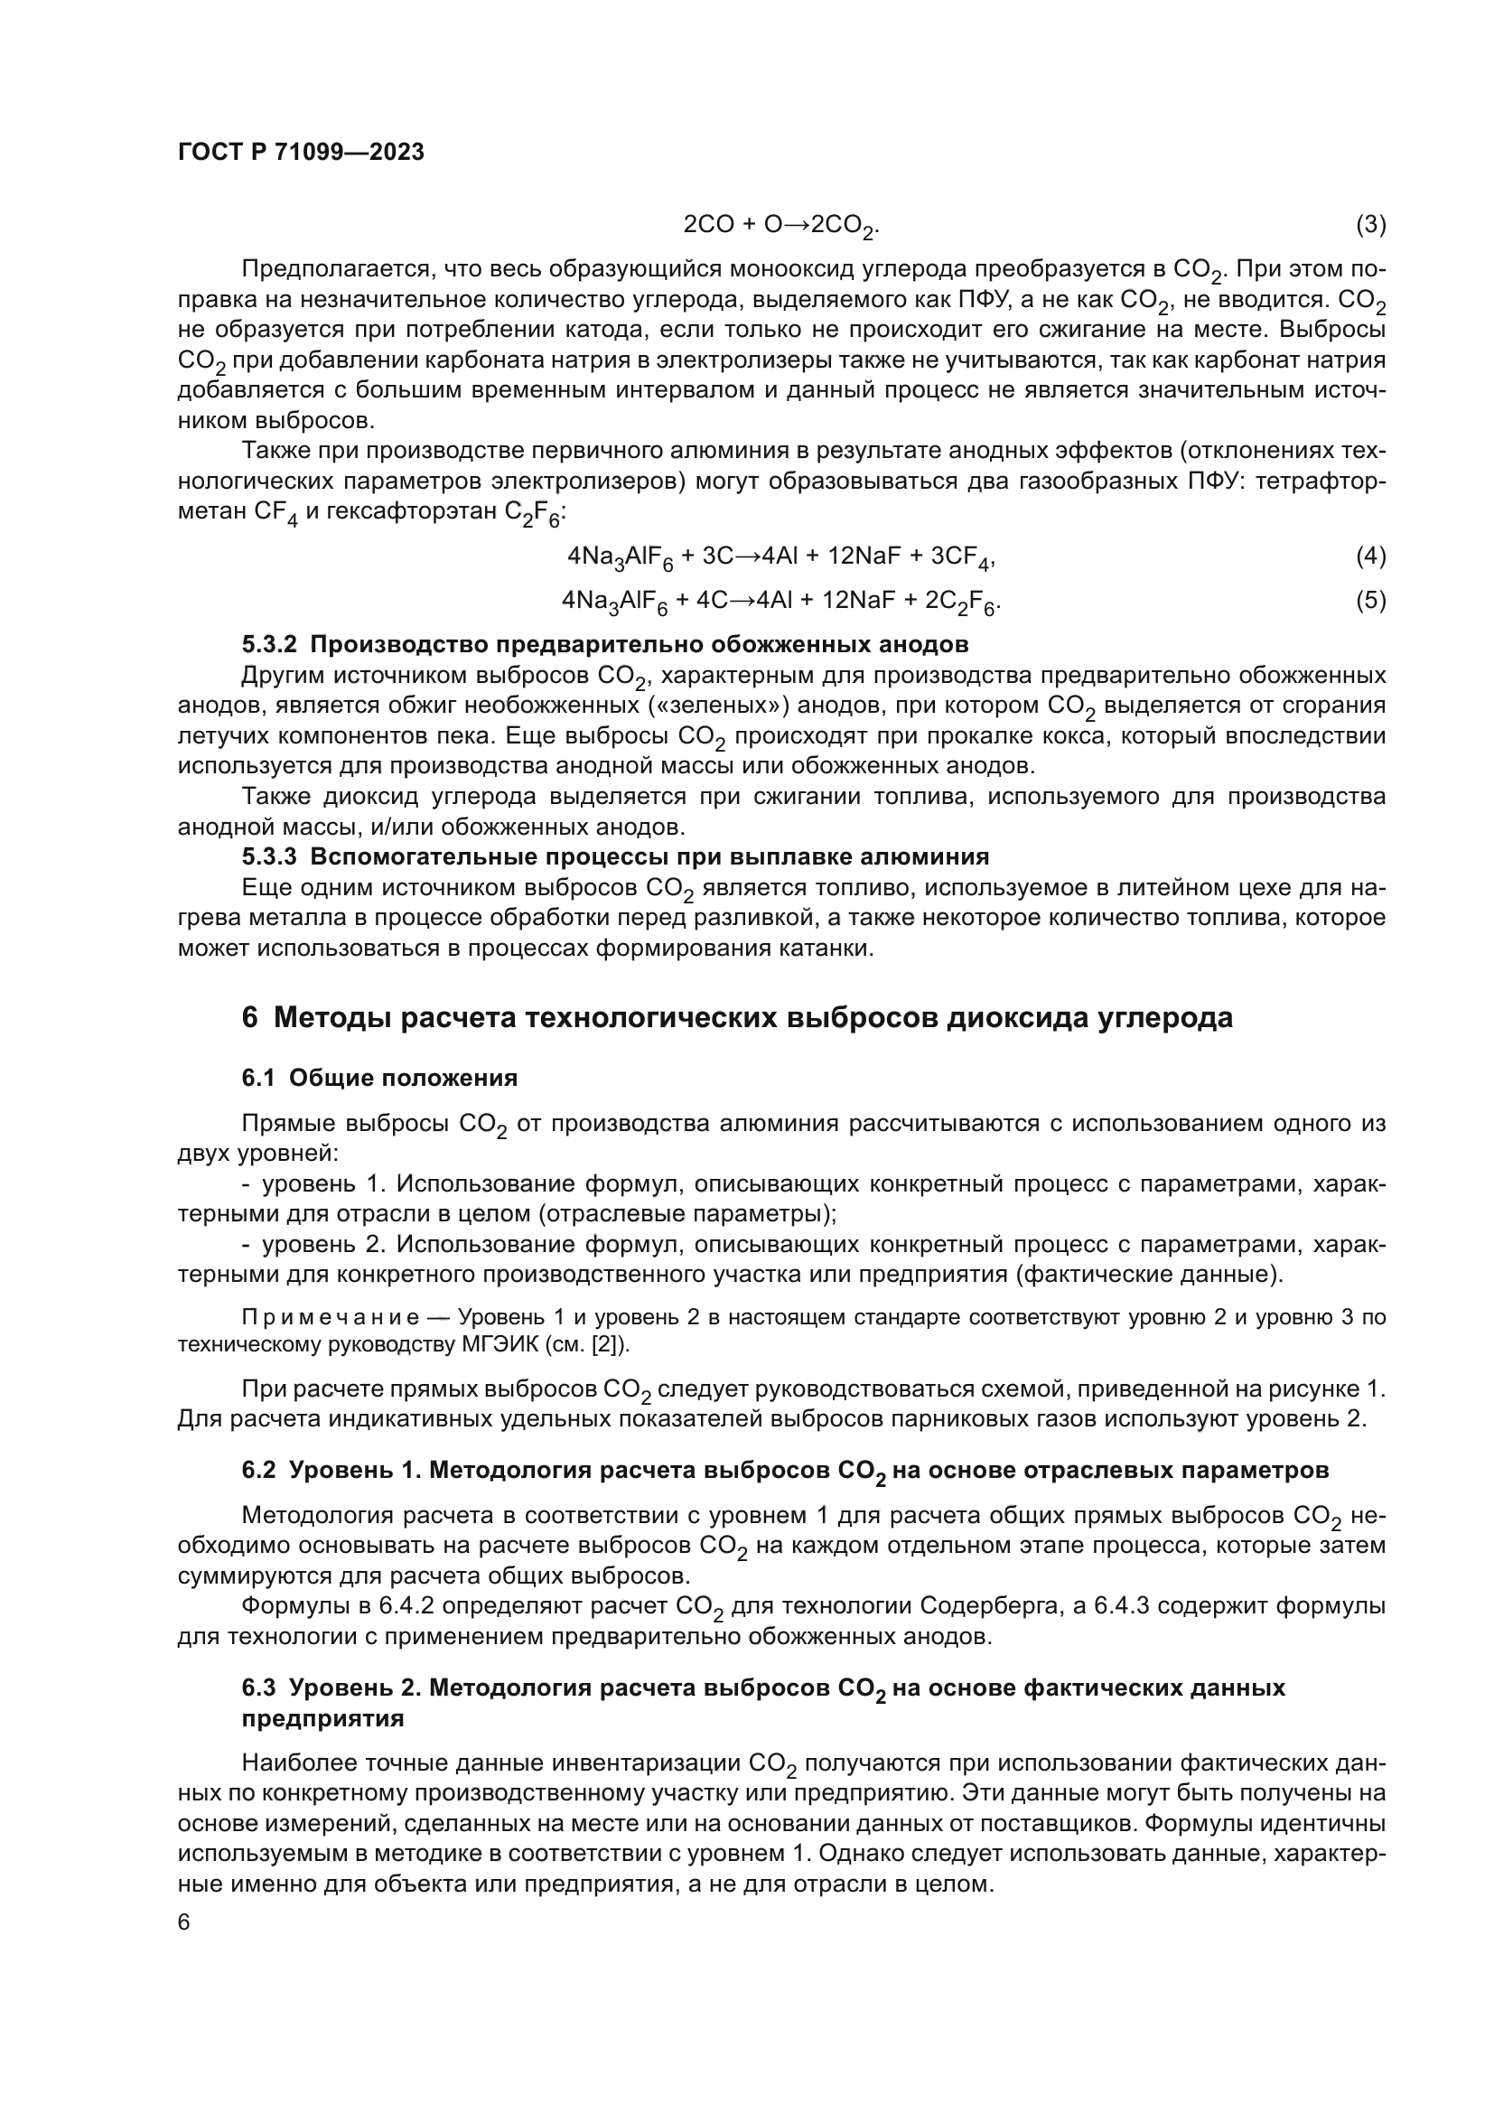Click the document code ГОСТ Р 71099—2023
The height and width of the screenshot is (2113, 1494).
coord(301,152)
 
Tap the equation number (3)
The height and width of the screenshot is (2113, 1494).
coord(1370,225)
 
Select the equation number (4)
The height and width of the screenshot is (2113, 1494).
coord(1370,556)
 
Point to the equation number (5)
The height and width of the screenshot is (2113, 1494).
coord(1370,601)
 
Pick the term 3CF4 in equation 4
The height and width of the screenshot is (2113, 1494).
coord(963,557)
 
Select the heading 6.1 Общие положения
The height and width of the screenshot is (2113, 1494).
coord(379,1078)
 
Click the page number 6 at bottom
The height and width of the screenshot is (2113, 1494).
coord(184,1922)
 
